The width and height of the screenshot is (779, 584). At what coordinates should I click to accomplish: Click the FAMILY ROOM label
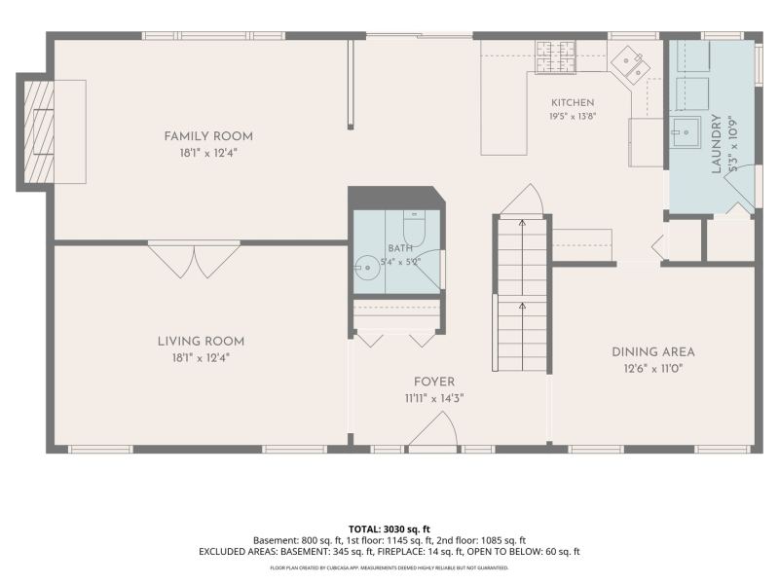208,136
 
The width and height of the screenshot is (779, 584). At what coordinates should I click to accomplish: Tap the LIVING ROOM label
201,342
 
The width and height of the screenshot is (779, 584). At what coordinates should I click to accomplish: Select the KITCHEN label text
573,102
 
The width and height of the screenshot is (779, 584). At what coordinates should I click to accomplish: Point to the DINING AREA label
652,352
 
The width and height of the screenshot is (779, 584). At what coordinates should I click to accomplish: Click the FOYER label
433,382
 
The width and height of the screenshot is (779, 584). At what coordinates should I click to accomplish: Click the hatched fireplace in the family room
39,131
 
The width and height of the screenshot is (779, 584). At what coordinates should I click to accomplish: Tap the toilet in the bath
413,228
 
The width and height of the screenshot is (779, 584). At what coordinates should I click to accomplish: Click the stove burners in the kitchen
555,56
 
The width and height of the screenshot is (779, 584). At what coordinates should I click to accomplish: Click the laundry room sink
686,132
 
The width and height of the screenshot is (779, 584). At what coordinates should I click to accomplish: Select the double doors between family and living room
194,259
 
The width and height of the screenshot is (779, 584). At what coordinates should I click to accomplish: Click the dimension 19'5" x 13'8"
573,117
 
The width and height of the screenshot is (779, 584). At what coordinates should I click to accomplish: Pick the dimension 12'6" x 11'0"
652,369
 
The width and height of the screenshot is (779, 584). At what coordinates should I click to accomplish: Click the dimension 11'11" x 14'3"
433,399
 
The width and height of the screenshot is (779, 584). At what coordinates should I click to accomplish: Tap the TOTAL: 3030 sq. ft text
389,529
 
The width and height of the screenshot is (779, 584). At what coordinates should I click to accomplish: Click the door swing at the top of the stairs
522,201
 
